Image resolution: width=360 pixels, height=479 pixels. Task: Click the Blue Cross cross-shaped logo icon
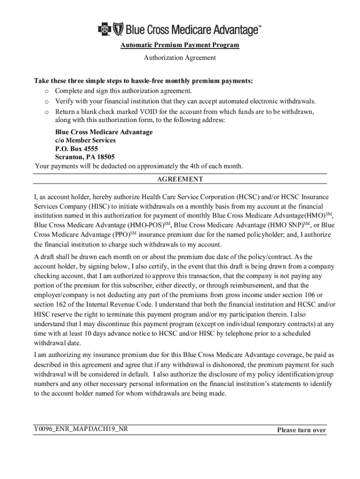point(103,30)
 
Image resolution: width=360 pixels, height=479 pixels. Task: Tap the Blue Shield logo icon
point(117,30)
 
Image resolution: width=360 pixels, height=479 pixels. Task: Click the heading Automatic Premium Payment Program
point(180,45)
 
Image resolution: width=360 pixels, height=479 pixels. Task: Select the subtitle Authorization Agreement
point(180,58)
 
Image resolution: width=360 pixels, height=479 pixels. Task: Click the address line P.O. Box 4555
point(77,149)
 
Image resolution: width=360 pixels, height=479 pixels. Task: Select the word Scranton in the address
point(70,157)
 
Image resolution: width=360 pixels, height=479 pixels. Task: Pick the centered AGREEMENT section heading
point(180,179)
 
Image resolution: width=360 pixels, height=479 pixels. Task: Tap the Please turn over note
point(301,430)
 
